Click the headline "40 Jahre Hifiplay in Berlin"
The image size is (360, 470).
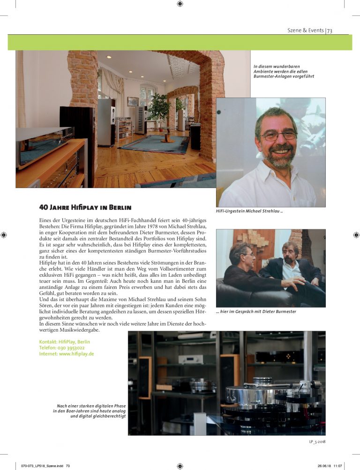(85, 207)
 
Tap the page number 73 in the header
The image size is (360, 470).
(330, 30)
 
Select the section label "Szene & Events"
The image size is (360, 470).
(305, 30)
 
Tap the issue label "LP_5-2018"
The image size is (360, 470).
(316, 441)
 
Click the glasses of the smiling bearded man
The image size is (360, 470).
(278, 135)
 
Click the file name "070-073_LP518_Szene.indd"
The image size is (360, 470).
(40, 466)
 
